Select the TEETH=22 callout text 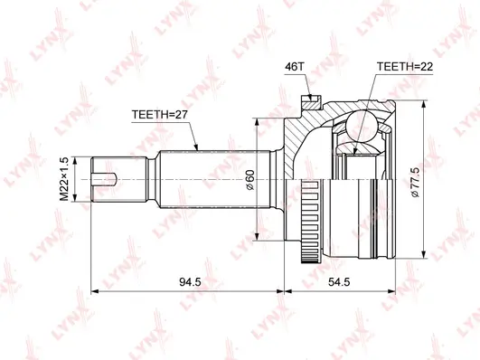pos(405,67)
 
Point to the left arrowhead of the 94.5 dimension pos(97,291)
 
